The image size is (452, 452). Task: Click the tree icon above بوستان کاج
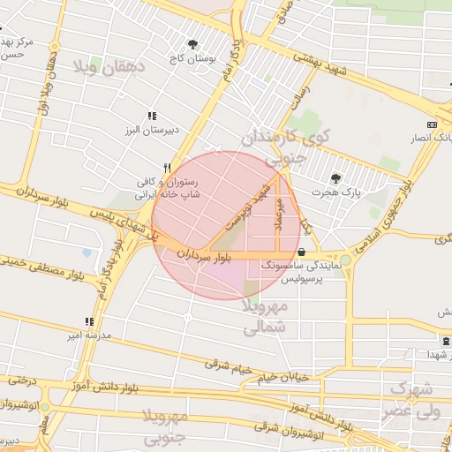tap(192, 44)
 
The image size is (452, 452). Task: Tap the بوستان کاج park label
tap(193, 58)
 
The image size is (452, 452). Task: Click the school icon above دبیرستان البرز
tap(153, 116)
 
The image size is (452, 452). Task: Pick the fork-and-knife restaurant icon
tap(167, 167)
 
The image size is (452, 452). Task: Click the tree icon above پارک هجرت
tap(335, 178)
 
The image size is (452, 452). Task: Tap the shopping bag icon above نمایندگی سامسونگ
tap(302, 252)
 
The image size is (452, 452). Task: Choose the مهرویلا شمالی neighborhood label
tap(263, 316)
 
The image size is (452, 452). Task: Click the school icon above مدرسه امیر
tap(88, 321)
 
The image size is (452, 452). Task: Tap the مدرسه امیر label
tap(87, 335)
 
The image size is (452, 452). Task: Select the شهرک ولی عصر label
tap(413, 400)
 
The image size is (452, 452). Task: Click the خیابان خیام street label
tap(283, 377)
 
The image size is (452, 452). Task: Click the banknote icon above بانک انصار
tap(431, 124)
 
